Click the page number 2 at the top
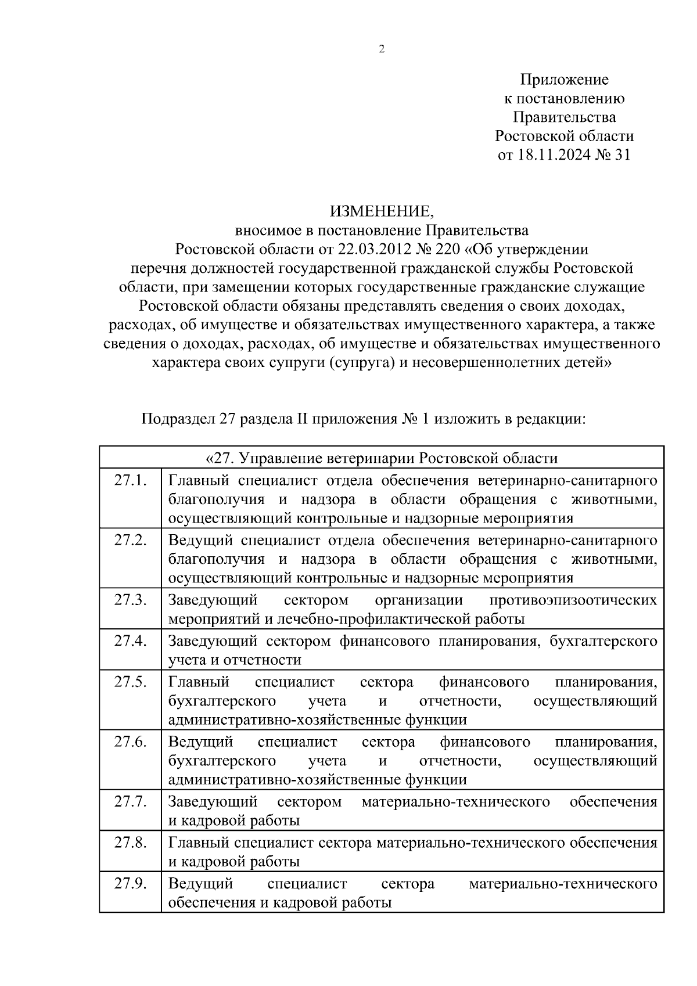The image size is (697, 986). pos(382,49)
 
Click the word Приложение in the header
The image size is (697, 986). pos(564,80)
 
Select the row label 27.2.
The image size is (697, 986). pos(130,540)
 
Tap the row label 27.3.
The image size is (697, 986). pos(130,600)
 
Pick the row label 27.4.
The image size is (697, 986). pos(130,641)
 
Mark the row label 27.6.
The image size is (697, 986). pos(130,742)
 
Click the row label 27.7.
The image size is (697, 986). pos(130,802)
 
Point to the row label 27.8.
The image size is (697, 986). pos(130,843)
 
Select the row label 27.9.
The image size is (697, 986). pos(130,884)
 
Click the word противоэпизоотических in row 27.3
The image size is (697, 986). pos(573,600)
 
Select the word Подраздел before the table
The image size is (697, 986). pos(178,419)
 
